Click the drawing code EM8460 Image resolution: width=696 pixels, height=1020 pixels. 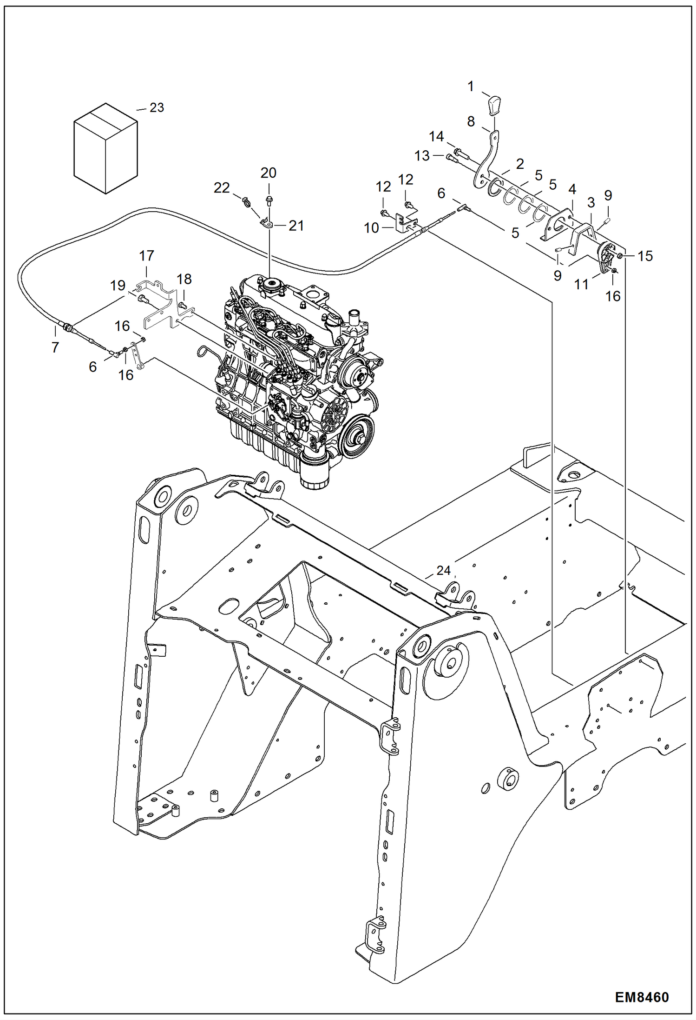pyautogui.click(x=642, y=997)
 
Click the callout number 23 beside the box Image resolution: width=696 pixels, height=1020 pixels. pyautogui.click(x=157, y=108)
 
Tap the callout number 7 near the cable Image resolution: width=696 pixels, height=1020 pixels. pyautogui.click(x=55, y=347)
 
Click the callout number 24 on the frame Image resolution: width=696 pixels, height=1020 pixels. pyautogui.click(x=443, y=570)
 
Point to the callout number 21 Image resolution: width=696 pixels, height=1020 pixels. pyautogui.click(x=296, y=226)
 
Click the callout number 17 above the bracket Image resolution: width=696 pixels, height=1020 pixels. pyautogui.click(x=146, y=255)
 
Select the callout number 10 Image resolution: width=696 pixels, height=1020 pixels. pyautogui.click(x=371, y=228)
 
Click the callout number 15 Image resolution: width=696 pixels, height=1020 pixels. pyautogui.click(x=645, y=256)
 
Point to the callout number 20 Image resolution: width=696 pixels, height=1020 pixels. pyautogui.click(x=268, y=173)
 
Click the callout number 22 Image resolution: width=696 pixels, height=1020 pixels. pyautogui.click(x=222, y=188)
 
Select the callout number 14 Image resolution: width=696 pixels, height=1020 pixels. pyautogui.click(x=436, y=136)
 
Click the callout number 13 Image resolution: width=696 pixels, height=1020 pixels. pyautogui.click(x=422, y=156)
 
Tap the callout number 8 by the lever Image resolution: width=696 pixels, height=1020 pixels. pyautogui.click(x=471, y=121)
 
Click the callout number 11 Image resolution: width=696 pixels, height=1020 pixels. pyautogui.click(x=581, y=284)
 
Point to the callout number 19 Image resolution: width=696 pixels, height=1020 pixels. pyautogui.click(x=118, y=285)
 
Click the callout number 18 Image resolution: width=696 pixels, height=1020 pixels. pyautogui.click(x=184, y=279)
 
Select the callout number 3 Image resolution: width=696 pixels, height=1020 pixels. pyautogui.click(x=591, y=203)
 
